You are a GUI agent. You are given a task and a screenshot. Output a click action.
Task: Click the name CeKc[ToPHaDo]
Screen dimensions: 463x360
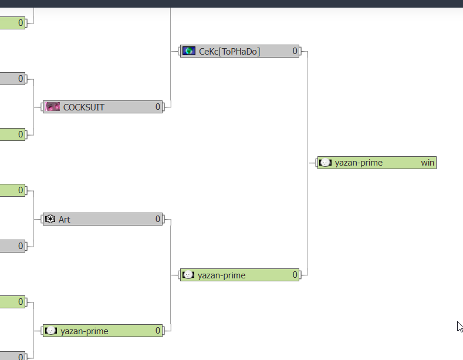point(229,52)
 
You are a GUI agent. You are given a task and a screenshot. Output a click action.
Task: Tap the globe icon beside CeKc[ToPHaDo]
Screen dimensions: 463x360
point(189,51)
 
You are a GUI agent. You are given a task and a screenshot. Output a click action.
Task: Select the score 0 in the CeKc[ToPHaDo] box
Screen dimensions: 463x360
point(295,51)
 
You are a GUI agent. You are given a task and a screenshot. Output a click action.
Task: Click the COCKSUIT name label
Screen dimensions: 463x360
point(84,107)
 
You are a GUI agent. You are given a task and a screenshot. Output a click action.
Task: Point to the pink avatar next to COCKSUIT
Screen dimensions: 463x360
point(53,107)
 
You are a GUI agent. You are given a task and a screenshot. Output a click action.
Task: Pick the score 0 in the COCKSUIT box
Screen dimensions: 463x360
point(158,107)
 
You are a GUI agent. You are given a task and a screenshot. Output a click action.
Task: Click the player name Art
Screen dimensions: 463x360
point(65,219)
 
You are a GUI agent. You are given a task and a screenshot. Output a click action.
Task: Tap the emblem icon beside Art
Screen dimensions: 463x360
point(50,218)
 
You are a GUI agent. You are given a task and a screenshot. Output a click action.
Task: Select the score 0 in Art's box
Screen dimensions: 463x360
point(158,218)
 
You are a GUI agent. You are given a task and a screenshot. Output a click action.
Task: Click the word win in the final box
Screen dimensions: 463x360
point(428,163)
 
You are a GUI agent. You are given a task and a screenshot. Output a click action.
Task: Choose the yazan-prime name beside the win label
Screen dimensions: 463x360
point(359,163)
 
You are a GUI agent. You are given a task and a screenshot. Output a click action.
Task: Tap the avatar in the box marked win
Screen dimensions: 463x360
point(326,162)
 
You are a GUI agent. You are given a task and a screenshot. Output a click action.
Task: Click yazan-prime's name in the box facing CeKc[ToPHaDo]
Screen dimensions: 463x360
point(221,275)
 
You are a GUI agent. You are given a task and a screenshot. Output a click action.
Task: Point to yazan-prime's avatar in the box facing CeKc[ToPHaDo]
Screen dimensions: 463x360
point(188,275)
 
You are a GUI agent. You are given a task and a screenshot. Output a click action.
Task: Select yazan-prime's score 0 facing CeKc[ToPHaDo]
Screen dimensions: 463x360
point(295,275)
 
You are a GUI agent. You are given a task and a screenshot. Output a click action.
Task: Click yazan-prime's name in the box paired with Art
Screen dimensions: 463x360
point(85,331)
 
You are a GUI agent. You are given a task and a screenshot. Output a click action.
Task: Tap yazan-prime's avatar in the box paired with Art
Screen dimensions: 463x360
point(51,331)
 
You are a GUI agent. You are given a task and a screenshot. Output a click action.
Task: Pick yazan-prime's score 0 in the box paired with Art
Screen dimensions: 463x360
point(158,331)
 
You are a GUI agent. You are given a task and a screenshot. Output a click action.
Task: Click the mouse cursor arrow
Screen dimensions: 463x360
point(459,327)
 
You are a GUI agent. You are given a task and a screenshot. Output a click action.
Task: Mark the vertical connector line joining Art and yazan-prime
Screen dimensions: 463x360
point(171,275)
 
